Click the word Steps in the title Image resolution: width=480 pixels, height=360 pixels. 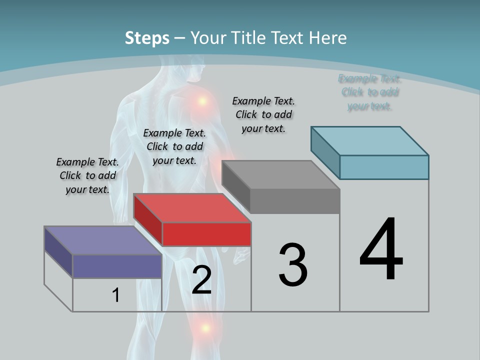coord(147,38)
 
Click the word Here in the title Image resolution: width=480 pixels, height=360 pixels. coord(328,38)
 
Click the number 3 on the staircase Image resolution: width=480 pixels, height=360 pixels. coord(293,265)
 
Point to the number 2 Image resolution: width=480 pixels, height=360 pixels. coord(201,280)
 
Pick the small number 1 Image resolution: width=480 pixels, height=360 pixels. coord(116,295)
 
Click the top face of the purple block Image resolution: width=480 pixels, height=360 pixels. coord(102,240)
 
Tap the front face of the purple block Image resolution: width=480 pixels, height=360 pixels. coord(117,266)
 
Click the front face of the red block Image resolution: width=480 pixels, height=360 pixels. coord(206,234)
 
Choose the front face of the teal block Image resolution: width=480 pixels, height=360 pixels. coord(384,167)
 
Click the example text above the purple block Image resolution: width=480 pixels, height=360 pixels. coord(87,175)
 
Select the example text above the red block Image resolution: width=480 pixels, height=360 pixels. coord(174,146)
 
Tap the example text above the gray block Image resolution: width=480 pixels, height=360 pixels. coord(263,114)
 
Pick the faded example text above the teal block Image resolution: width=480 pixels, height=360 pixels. coord(369,92)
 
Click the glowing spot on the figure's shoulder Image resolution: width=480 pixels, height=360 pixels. coord(202,101)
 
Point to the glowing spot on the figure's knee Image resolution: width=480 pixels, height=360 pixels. coord(205,328)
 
